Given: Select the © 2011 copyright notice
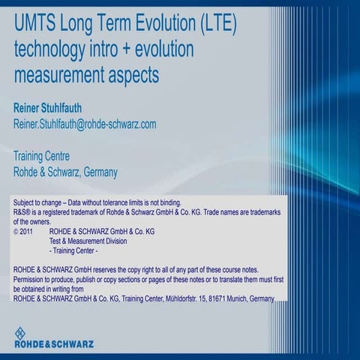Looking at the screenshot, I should pyautogui.click(x=28, y=232).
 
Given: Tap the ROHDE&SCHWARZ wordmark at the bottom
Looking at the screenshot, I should pyautogui.click(x=54, y=345).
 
